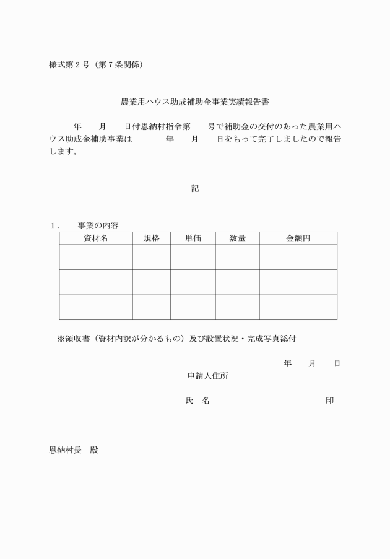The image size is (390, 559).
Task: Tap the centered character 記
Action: (x=195, y=189)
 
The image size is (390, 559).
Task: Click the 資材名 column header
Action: (x=96, y=238)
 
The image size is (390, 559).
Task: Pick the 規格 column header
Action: (x=152, y=238)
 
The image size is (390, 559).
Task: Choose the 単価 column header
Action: (x=193, y=238)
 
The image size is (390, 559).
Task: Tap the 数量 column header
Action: (x=237, y=238)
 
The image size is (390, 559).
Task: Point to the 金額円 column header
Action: (x=298, y=238)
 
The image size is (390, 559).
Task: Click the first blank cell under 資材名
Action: (x=96, y=257)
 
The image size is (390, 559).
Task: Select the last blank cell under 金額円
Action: (x=298, y=307)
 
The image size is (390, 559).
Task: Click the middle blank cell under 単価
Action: (x=193, y=282)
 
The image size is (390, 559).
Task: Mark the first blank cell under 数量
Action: (x=237, y=257)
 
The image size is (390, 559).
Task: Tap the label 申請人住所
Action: (x=210, y=376)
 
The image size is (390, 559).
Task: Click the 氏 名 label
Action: (x=197, y=401)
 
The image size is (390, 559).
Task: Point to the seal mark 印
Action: (x=330, y=401)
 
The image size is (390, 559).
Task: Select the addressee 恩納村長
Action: (x=65, y=450)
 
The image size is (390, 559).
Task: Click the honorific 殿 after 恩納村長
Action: (x=94, y=450)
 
